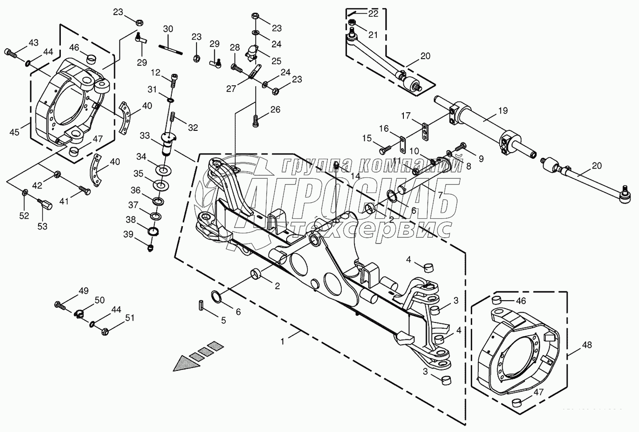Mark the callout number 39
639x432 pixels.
128,234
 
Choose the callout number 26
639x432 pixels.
276,110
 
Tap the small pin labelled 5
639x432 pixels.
201,306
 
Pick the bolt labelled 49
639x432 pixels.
59,305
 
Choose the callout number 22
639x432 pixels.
373,13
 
